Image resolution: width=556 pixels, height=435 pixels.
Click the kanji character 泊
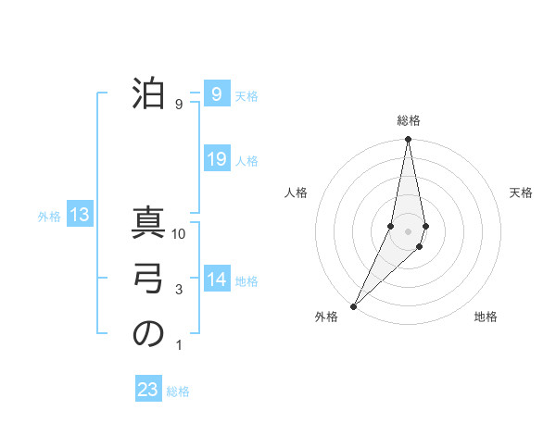coord(148,93)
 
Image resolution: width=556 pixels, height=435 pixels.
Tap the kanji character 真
coord(148,226)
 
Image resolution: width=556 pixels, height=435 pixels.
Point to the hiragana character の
coord(148,334)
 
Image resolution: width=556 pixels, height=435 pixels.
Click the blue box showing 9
coord(216,93)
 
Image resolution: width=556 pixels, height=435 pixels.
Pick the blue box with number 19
coord(216,159)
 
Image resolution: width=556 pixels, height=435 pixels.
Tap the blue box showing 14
coord(216,280)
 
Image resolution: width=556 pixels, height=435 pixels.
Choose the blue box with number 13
coord(80,216)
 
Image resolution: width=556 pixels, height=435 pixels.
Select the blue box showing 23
coord(148,390)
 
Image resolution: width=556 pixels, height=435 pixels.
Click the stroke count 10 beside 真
coord(179,235)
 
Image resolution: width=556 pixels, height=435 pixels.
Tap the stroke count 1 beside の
coord(179,346)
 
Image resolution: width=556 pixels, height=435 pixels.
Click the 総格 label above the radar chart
coord(409,121)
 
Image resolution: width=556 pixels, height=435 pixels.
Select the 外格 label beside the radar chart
coord(326,317)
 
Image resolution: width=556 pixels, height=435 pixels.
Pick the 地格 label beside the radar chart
coord(486,317)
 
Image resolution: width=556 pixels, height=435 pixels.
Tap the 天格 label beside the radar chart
coord(522,193)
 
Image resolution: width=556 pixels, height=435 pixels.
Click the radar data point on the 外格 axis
coord(354,305)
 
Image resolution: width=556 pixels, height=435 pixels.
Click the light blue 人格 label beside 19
coord(246,161)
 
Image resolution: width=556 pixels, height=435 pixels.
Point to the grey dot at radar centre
coord(409,230)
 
